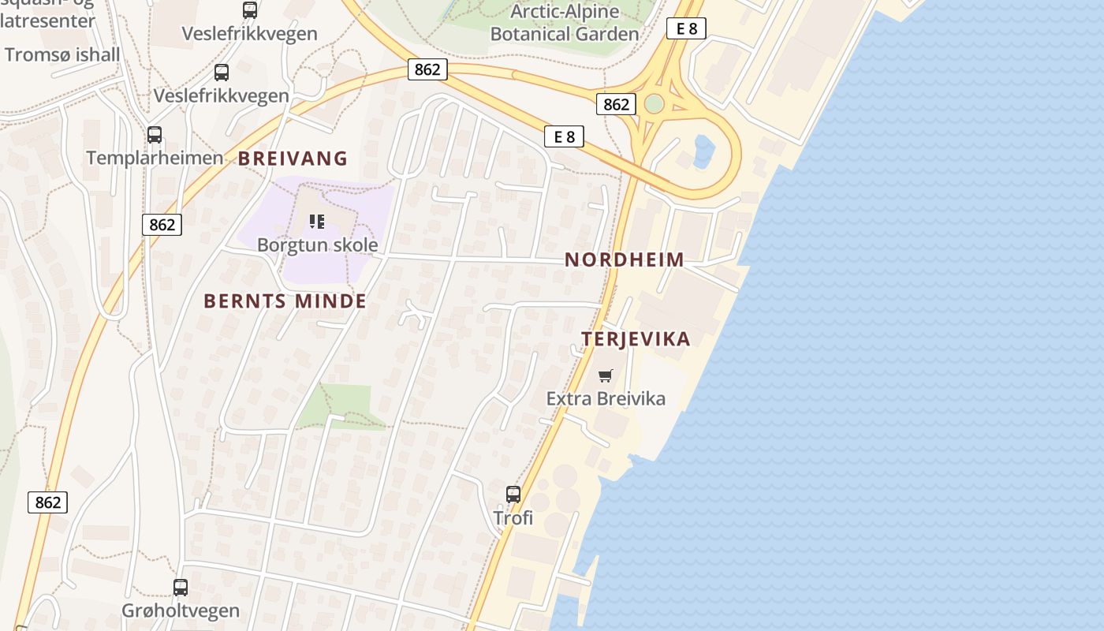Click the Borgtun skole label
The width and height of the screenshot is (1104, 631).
(x=317, y=245)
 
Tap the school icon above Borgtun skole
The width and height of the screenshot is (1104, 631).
(x=317, y=222)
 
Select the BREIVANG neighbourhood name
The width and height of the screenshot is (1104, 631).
(x=293, y=159)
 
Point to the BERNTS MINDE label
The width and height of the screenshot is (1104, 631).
(x=285, y=301)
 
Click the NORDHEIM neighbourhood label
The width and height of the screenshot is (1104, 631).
(x=625, y=259)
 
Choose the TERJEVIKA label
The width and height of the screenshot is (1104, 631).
(x=636, y=339)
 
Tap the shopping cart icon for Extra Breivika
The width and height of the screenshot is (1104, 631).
(x=605, y=375)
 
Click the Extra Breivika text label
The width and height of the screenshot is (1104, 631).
(x=606, y=398)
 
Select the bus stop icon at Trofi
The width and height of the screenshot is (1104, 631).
(x=513, y=495)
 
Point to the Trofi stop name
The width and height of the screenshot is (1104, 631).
(x=513, y=518)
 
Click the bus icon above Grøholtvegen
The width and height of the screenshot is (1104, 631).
(x=181, y=587)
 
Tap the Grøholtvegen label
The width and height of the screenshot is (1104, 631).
(x=181, y=610)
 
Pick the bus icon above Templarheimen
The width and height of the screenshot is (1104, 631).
(x=155, y=134)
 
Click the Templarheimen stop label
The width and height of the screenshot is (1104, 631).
(x=155, y=158)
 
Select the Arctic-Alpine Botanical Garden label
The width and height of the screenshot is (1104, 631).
(x=565, y=23)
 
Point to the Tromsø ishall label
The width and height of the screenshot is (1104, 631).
(x=62, y=54)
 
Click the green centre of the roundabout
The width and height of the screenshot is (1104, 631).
(x=654, y=103)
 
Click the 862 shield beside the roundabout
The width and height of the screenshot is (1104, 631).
(x=616, y=104)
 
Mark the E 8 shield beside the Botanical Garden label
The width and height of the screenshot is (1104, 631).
(x=686, y=28)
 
